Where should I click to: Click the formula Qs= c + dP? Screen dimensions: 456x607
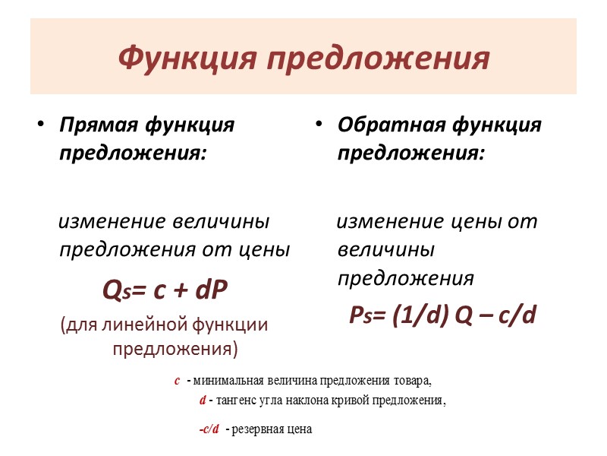pos(165,290)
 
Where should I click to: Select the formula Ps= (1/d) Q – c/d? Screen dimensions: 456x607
pos(442,314)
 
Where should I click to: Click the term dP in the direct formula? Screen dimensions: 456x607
pos(212,290)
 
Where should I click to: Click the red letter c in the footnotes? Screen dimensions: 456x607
pos(177,380)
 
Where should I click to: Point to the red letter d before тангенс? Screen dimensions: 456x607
pos(203,401)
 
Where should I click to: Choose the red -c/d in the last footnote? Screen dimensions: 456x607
pos(209,429)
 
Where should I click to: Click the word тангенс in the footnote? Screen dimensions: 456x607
pos(238,401)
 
